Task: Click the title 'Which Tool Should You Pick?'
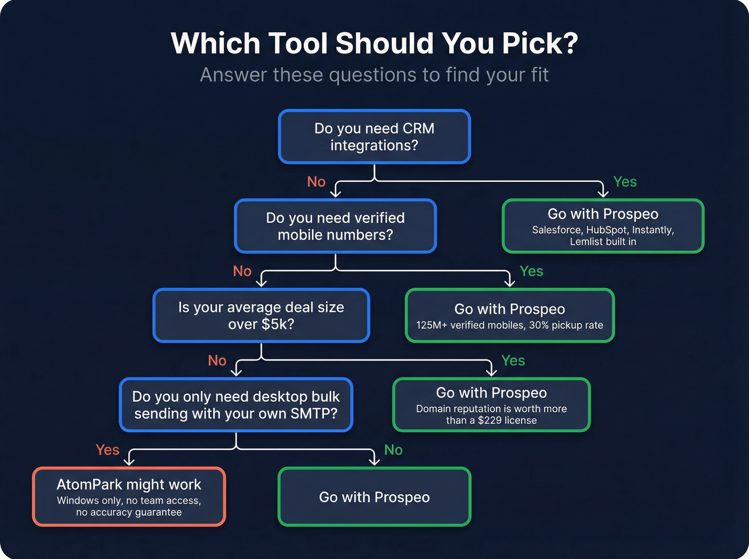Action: (x=374, y=43)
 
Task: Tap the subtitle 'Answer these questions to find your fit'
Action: (x=374, y=75)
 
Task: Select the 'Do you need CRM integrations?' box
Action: (x=374, y=136)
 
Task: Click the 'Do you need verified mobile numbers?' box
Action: (x=335, y=226)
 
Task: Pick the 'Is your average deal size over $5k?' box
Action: (x=261, y=316)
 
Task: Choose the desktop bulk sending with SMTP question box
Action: (x=236, y=405)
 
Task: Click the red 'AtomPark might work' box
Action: (x=129, y=496)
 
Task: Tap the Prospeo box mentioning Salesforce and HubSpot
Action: (x=603, y=226)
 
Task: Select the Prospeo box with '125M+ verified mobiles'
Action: (x=510, y=316)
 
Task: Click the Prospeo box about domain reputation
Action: (x=491, y=405)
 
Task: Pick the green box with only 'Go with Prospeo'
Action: (x=374, y=497)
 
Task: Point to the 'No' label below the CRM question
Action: (x=316, y=182)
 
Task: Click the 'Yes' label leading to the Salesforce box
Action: (x=625, y=182)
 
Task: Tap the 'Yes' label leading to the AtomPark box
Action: (x=108, y=450)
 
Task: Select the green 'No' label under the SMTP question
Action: (x=393, y=450)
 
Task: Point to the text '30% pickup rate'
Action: (x=566, y=325)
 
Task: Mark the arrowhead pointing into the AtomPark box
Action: (x=129, y=461)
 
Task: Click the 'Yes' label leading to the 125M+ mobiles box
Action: (x=531, y=271)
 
